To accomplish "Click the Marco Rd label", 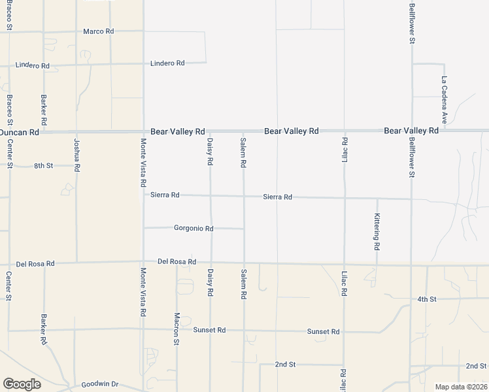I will (x=99, y=31).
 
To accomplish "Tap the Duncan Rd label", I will (x=20, y=132).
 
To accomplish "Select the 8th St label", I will (x=43, y=167).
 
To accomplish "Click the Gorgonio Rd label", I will (x=194, y=229).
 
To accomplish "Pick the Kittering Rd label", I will (x=377, y=233).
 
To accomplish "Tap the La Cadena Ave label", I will (x=444, y=100).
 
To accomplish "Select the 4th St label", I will (x=426, y=299).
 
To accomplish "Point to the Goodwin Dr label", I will (x=99, y=385).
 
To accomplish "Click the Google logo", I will (x=22, y=384).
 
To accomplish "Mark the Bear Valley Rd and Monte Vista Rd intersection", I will (x=143, y=131).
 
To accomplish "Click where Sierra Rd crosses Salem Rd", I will (x=244, y=196).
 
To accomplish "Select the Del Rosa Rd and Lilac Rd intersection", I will (x=344, y=264).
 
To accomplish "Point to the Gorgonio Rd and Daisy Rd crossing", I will (x=211, y=229).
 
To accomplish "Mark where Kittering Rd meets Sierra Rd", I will (x=377, y=198).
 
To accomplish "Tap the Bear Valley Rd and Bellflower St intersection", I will (x=411, y=131).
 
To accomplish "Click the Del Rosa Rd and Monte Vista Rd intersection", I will (x=143, y=262).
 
